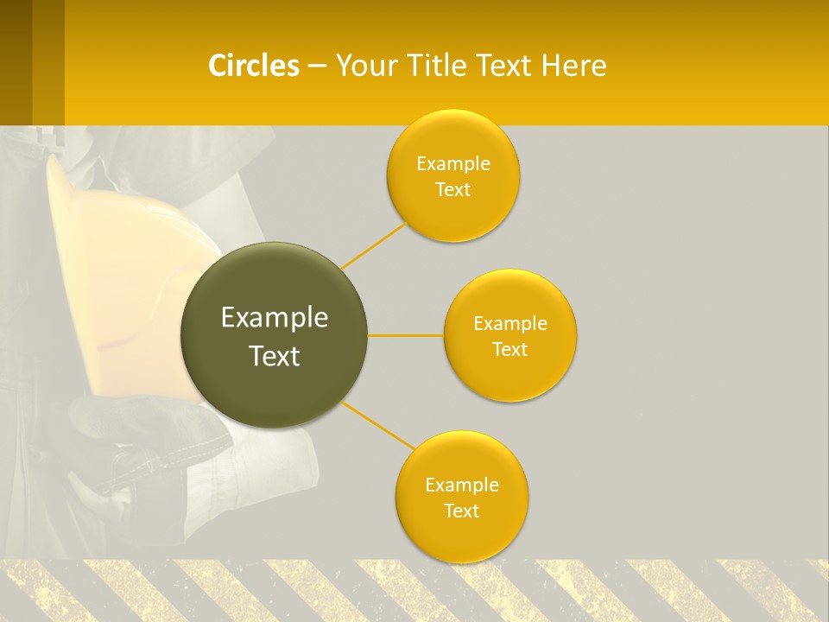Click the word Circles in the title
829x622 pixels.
pos(254,66)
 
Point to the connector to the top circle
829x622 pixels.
pos(374,244)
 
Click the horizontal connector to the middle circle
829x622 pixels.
pos(406,335)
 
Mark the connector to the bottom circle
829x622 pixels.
pos(378,426)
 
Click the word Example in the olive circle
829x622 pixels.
pos(275,318)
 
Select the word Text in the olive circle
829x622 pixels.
pos(275,356)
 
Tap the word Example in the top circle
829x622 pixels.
pos(453,163)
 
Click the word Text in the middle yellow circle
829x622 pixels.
pos(510,349)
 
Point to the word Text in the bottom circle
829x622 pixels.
pos(462,511)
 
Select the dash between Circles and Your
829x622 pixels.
pos(317,66)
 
